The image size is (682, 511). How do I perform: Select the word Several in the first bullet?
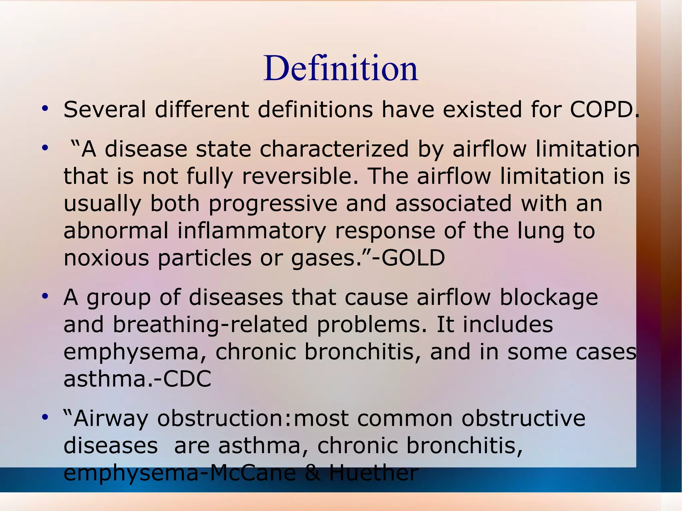105,110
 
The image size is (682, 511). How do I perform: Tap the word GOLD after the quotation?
413,258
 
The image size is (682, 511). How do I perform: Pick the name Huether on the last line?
373,473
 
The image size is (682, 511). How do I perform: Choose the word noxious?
106,258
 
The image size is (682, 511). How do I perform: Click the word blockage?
549,297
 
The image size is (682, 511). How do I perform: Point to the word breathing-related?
210,324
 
